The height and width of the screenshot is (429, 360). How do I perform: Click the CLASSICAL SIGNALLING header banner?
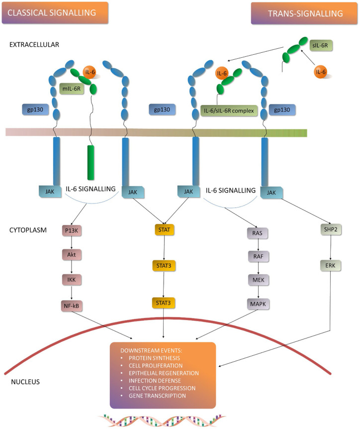click(55, 12)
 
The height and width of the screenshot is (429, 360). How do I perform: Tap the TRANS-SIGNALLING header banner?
click(304, 13)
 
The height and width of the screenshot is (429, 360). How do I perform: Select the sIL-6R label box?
click(321, 45)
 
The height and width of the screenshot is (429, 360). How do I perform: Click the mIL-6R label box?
click(72, 89)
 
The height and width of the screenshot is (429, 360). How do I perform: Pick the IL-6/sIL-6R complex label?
click(229, 111)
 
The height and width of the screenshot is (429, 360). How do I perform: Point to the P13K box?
click(72, 230)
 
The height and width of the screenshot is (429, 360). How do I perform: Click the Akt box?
click(72, 255)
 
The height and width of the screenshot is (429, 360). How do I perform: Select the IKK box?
click(72, 280)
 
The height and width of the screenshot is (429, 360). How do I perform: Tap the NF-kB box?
click(72, 306)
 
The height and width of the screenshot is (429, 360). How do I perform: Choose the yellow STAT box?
click(164, 230)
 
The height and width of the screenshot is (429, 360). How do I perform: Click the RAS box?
click(258, 233)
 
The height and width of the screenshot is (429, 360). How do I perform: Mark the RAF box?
click(258, 257)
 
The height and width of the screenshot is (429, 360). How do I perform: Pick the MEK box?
click(259, 280)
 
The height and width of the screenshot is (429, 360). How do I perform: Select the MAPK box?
click(258, 304)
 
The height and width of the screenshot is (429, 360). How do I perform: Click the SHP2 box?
click(331, 229)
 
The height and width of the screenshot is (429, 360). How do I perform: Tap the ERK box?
click(331, 265)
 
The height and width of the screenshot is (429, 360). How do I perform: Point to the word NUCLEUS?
click(25, 382)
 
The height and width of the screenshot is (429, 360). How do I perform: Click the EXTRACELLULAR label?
click(34, 45)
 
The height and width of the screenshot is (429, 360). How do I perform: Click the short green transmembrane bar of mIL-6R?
click(91, 163)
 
